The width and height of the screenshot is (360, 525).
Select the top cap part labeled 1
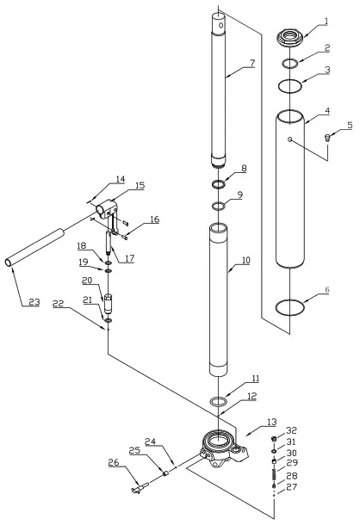pyautogui.click(x=290, y=39)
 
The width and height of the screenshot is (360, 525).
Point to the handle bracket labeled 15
pyautogui.click(x=106, y=209)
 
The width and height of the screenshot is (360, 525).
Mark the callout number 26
pyautogui.click(x=113, y=462)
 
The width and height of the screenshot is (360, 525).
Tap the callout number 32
pyautogui.click(x=290, y=430)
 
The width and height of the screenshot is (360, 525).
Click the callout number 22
pyautogui.click(x=58, y=303)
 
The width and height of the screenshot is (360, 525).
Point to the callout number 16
pyautogui.click(x=154, y=220)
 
